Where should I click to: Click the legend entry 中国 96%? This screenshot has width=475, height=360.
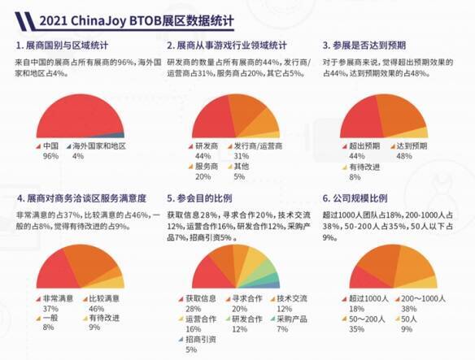point(51,150)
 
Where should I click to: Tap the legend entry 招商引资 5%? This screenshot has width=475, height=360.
point(198,344)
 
